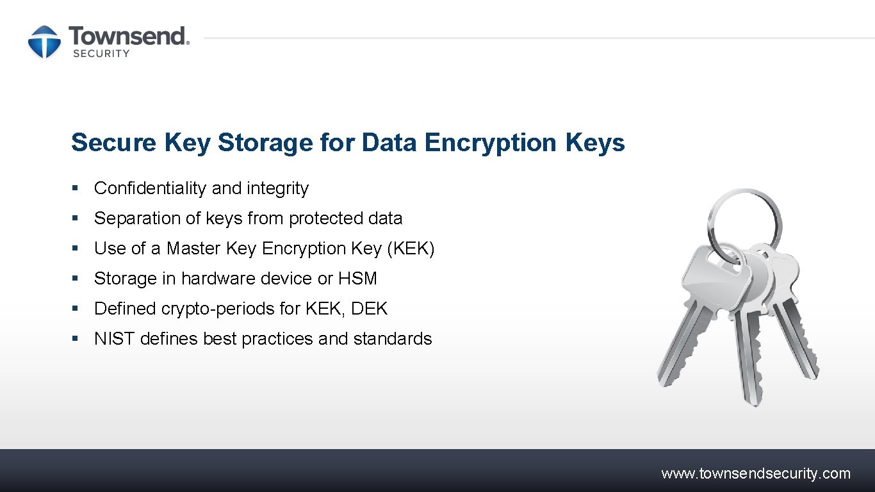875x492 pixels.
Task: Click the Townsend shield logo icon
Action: point(44,42)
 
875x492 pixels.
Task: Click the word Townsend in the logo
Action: point(128,36)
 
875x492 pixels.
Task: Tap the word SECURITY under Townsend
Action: point(101,54)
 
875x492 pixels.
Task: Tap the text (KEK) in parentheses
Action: point(411,249)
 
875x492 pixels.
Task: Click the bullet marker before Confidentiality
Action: point(75,188)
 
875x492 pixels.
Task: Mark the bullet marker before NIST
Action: point(75,339)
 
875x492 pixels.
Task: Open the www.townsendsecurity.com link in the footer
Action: point(756,474)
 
